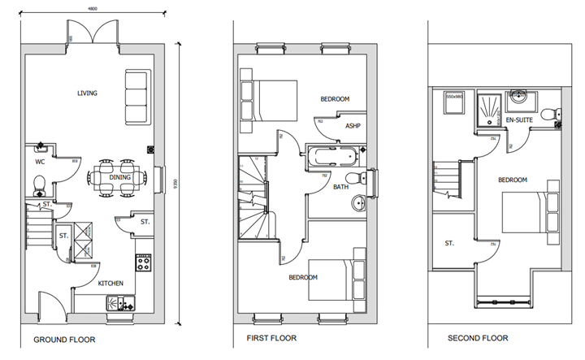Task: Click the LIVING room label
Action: click(x=87, y=93)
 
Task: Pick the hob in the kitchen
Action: click(x=144, y=263)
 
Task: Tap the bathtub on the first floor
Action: click(x=336, y=154)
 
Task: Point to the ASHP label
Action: click(x=353, y=126)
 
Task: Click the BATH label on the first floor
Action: click(x=340, y=187)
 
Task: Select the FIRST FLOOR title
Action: click(x=271, y=338)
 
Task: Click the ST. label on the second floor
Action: click(x=449, y=242)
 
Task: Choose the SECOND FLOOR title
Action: click(x=480, y=338)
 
